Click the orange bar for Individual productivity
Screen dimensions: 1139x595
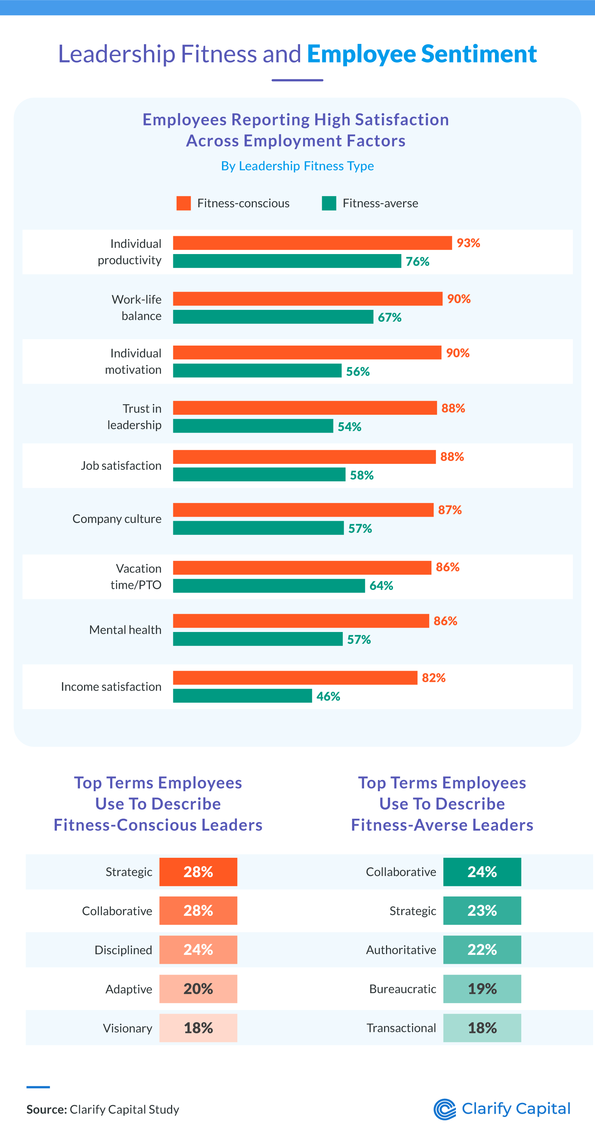click(312, 243)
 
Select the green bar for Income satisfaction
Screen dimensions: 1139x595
click(242, 696)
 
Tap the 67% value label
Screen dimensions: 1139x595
click(389, 317)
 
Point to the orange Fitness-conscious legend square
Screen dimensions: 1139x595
click(183, 203)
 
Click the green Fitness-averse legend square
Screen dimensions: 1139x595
click(329, 203)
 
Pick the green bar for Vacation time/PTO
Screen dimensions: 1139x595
click(269, 585)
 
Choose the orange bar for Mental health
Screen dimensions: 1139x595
click(300, 620)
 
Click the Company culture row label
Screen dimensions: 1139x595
click(117, 519)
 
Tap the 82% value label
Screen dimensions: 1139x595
click(433, 678)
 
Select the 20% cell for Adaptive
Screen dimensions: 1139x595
click(198, 989)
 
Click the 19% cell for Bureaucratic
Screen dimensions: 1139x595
click(482, 989)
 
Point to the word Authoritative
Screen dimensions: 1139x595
click(401, 950)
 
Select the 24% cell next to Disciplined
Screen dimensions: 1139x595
click(198, 950)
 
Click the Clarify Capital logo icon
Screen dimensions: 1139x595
click(444, 1109)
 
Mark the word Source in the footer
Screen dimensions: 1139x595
click(46, 1109)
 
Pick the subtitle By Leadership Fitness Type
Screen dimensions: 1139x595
click(297, 166)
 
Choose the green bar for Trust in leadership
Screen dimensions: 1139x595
click(253, 426)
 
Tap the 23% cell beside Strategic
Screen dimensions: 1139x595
click(482, 910)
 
